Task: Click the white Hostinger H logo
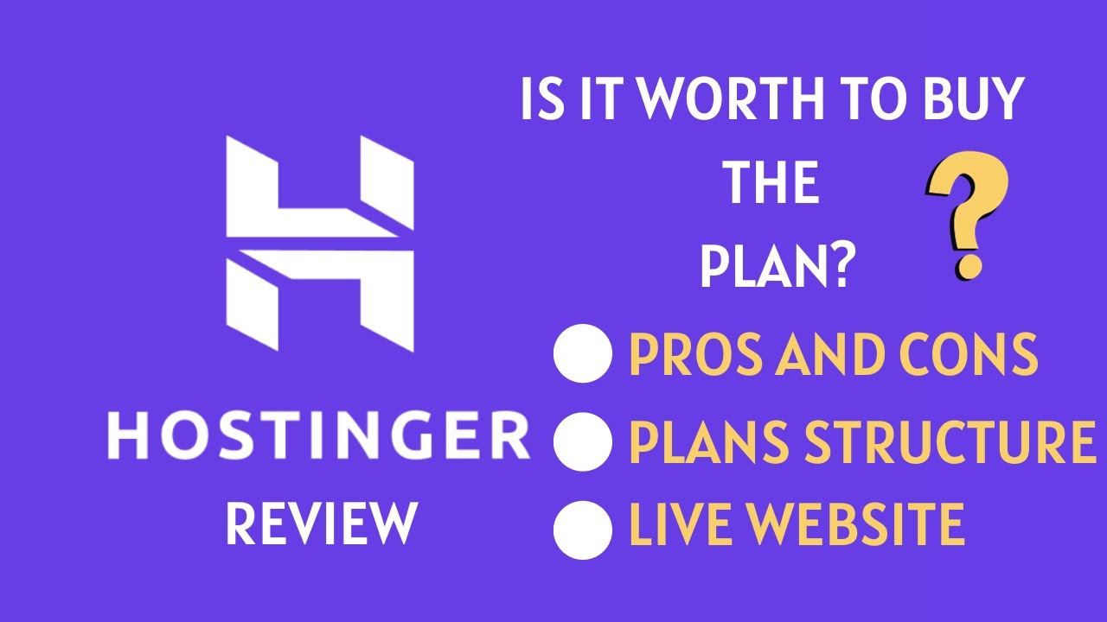[x=319, y=243]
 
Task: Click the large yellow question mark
[x=966, y=207]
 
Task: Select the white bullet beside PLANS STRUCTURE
[x=582, y=441]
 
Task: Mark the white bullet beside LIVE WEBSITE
[x=582, y=527]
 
